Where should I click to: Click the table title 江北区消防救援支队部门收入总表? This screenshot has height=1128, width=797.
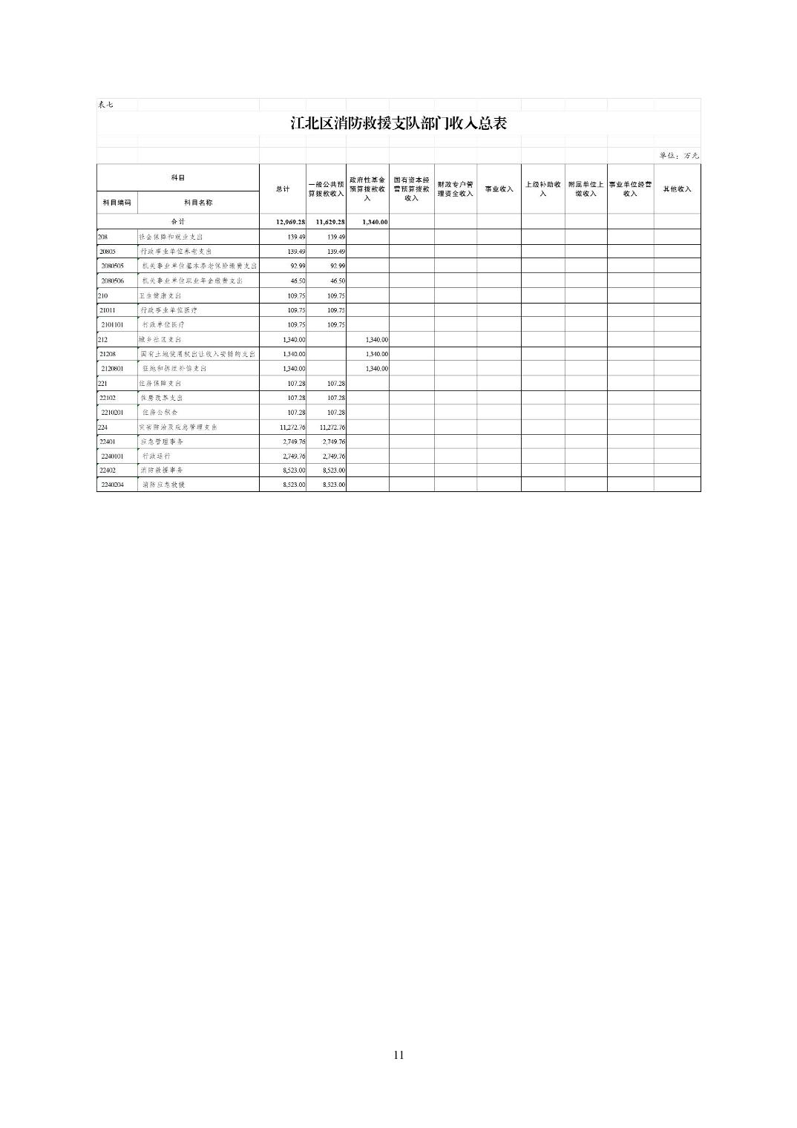coord(398,123)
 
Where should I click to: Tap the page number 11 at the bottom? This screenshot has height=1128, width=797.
coord(398,1055)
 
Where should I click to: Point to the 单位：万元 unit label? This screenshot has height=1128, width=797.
coord(678,156)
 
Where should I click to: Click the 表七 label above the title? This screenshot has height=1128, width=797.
coord(105,105)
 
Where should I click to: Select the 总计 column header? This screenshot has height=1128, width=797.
coord(283,189)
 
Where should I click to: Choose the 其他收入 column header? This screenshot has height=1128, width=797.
coord(677,189)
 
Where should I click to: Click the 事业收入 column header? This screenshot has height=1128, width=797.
coord(499,189)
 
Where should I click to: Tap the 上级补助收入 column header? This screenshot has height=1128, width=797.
coord(542,189)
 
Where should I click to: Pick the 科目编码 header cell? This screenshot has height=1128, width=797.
coord(117,203)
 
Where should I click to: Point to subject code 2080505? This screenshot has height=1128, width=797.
coord(113,266)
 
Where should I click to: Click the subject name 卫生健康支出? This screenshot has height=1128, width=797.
coord(160,295)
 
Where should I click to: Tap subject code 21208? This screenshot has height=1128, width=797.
coord(108,354)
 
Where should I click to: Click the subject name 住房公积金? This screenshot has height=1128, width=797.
coord(160,412)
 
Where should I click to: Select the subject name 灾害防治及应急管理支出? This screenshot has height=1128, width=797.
coord(178,427)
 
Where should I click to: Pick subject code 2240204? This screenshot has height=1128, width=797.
coord(113,485)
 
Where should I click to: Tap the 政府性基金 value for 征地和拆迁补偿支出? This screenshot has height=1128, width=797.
coord(376,369)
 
